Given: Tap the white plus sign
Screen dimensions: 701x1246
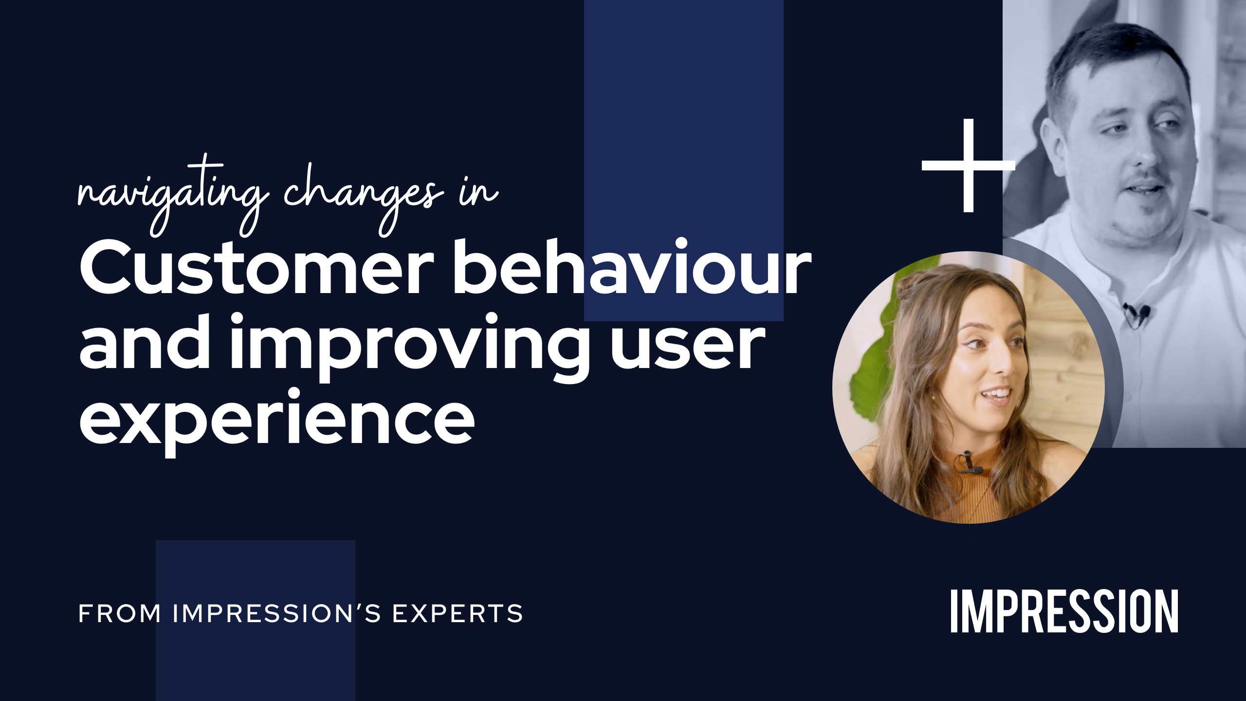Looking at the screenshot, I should [x=968, y=166].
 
